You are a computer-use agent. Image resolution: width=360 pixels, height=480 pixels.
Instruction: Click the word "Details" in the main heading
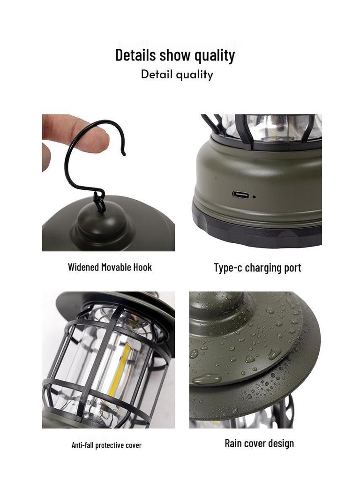tap(135, 55)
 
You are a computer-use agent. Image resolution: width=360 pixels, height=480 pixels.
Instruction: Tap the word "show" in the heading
tap(175, 55)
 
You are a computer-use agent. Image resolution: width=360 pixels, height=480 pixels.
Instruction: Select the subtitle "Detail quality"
tap(177, 75)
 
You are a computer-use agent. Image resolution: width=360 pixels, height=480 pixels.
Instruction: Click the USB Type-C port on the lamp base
tap(240, 195)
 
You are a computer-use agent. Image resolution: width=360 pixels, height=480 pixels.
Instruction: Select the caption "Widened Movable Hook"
tap(110, 267)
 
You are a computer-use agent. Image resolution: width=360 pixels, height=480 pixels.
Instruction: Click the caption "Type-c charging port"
tap(257, 268)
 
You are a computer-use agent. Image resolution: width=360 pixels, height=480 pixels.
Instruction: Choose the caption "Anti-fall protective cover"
tap(106, 445)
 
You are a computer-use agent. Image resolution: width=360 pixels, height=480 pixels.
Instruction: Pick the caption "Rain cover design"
tap(259, 443)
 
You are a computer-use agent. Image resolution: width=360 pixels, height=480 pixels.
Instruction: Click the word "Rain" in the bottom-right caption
tap(234, 443)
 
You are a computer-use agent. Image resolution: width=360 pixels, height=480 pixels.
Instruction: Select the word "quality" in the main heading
tap(215, 56)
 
